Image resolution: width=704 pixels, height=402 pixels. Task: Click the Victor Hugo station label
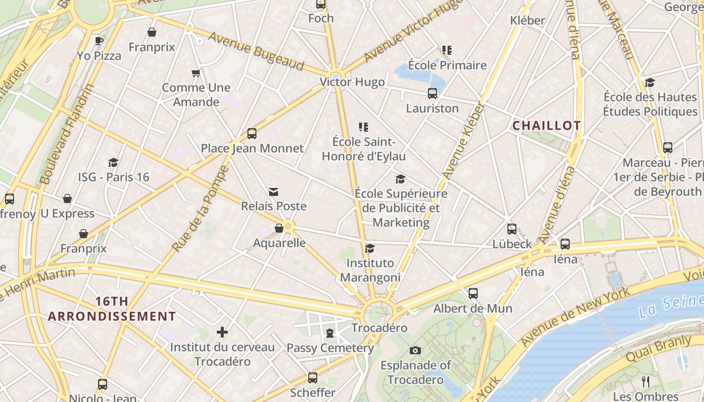click(353, 82)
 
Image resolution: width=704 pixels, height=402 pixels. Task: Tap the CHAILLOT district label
click(546, 126)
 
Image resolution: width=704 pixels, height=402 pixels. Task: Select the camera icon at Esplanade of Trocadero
click(415, 350)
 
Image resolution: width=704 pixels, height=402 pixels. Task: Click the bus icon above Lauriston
click(432, 93)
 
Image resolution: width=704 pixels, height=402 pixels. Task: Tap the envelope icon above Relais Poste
click(274, 191)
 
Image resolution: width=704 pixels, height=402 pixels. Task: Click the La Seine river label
click(671, 306)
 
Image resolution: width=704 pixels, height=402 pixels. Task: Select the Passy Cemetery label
click(330, 348)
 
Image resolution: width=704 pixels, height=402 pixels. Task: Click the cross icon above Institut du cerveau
click(222, 332)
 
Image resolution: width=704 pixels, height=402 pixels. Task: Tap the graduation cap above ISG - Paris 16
click(114, 162)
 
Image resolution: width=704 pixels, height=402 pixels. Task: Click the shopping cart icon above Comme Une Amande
click(196, 73)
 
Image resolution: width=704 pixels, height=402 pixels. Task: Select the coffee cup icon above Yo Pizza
click(99, 41)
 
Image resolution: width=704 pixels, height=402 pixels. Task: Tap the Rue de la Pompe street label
click(200, 209)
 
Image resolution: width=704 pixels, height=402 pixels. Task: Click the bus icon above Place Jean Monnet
click(252, 134)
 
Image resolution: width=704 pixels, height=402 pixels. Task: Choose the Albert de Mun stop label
click(473, 308)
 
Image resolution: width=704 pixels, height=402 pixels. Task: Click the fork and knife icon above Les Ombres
click(646, 381)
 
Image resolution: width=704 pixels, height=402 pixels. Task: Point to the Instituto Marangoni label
click(371, 270)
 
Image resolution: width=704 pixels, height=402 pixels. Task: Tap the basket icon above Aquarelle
click(279, 229)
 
